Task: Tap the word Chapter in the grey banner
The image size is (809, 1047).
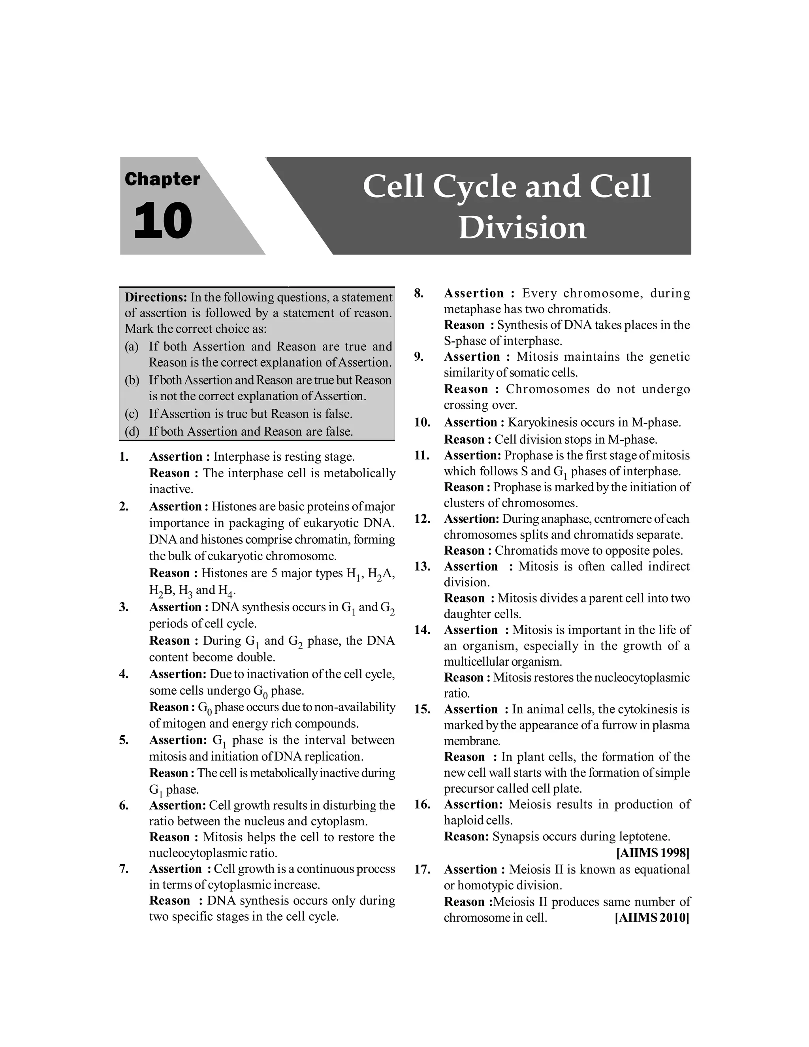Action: pyautogui.click(x=162, y=179)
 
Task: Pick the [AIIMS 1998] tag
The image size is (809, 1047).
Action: pyautogui.click(x=653, y=853)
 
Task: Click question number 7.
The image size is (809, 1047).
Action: pyautogui.click(x=124, y=869)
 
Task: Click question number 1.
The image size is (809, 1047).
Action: pyautogui.click(x=124, y=456)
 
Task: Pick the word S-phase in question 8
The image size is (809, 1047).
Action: pyautogui.click(x=463, y=341)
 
